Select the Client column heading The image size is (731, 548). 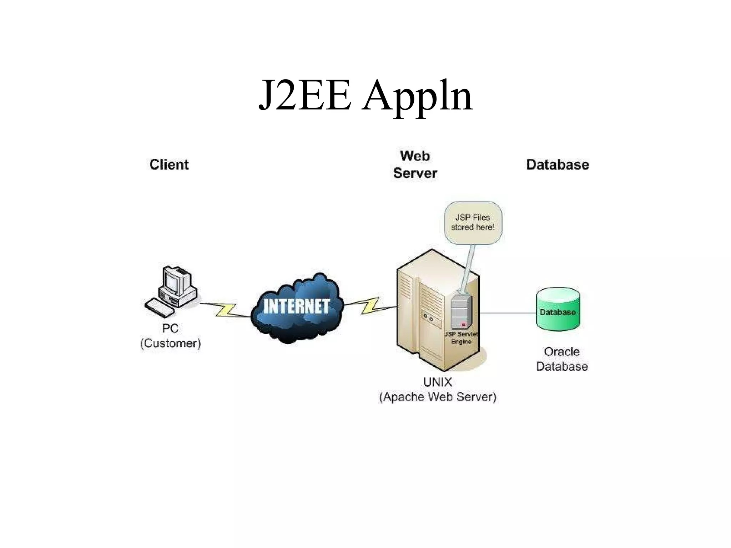pyautogui.click(x=169, y=164)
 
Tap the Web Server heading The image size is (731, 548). pyautogui.click(x=415, y=164)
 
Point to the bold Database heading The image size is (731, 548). pyautogui.click(x=557, y=164)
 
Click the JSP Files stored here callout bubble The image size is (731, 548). pyautogui.click(x=473, y=222)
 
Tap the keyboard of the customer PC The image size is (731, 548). pyautogui.click(x=160, y=308)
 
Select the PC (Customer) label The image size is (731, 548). pyautogui.click(x=170, y=336)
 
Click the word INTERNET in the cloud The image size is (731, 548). pyautogui.click(x=296, y=306)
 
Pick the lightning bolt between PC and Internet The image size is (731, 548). pyautogui.click(x=226, y=310)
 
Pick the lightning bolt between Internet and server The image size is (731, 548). pyautogui.click(x=370, y=306)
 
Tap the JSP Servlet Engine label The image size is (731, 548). pyautogui.click(x=461, y=338)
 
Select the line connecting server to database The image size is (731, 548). pyautogui.click(x=507, y=313)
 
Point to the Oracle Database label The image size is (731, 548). pyautogui.click(x=561, y=359)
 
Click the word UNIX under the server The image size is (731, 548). pyautogui.click(x=437, y=382)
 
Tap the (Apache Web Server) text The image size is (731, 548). pyautogui.click(x=437, y=397)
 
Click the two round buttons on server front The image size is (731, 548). pyautogui.click(x=428, y=318)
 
